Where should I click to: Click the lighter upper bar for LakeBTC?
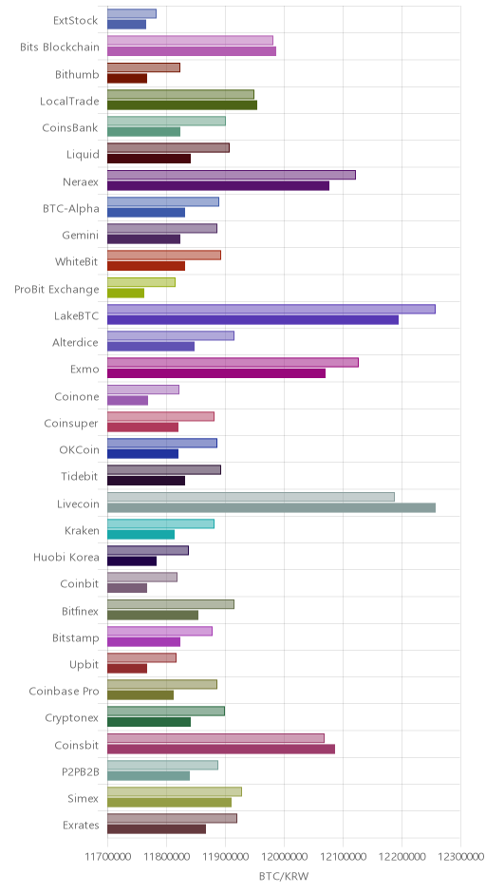click(x=271, y=310)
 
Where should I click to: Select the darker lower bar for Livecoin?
click(x=271, y=508)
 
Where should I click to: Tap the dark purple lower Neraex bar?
click(x=218, y=185)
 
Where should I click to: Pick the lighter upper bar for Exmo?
click(x=233, y=363)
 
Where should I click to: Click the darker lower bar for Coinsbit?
click(x=221, y=749)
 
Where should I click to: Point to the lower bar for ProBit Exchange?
click(x=125, y=294)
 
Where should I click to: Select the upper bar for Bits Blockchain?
click(x=190, y=41)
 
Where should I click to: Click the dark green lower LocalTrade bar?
click(x=182, y=104)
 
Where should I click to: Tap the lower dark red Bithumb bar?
click(x=127, y=79)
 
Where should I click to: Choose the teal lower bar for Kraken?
click(x=140, y=535)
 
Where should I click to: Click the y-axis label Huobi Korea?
click(x=66, y=558)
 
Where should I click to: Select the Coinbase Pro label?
click(x=64, y=692)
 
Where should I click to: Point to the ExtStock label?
click(x=76, y=21)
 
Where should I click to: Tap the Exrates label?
click(x=81, y=826)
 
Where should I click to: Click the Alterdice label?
click(x=76, y=343)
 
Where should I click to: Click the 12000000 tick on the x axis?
click(x=284, y=856)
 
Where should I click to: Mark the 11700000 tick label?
click(x=107, y=856)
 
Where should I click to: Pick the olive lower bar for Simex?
click(x=170, y=803)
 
